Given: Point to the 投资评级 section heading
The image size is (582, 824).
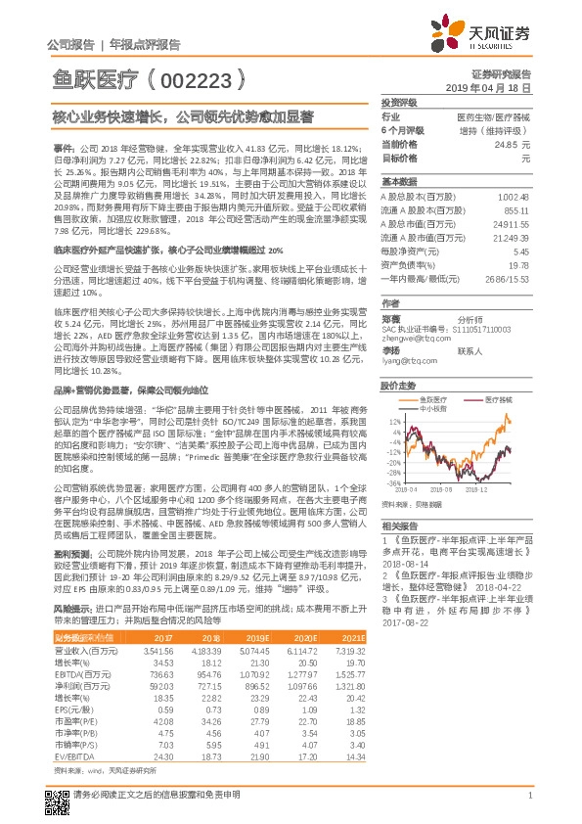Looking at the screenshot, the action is coord(399,102).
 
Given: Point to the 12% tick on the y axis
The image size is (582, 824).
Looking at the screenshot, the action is coord(393,420).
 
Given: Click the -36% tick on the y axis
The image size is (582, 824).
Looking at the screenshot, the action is coord(392,482).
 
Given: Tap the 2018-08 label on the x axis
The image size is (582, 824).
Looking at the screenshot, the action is coord(440,489).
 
